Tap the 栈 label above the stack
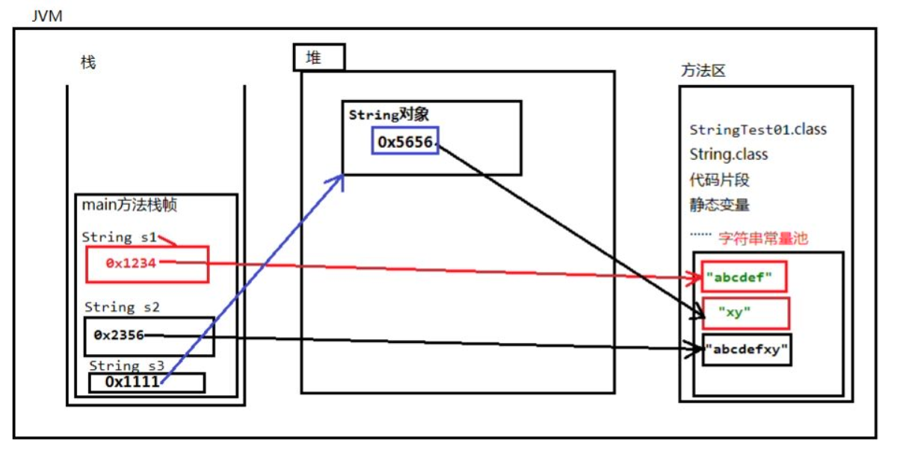(88, 63)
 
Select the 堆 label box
(318, 58)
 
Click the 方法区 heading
(703, 71)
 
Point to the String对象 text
(388, 115)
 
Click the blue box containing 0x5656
(405, 140)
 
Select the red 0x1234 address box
(147, 264)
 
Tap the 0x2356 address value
(119, 335)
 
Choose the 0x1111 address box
(147, 382)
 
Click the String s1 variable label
(120, 237)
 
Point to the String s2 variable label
(122, 307)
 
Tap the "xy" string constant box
(745, 313)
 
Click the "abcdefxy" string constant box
(747, 350)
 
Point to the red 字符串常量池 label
(762, 238)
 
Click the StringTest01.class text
(758, 129)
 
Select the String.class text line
(729, 155)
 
